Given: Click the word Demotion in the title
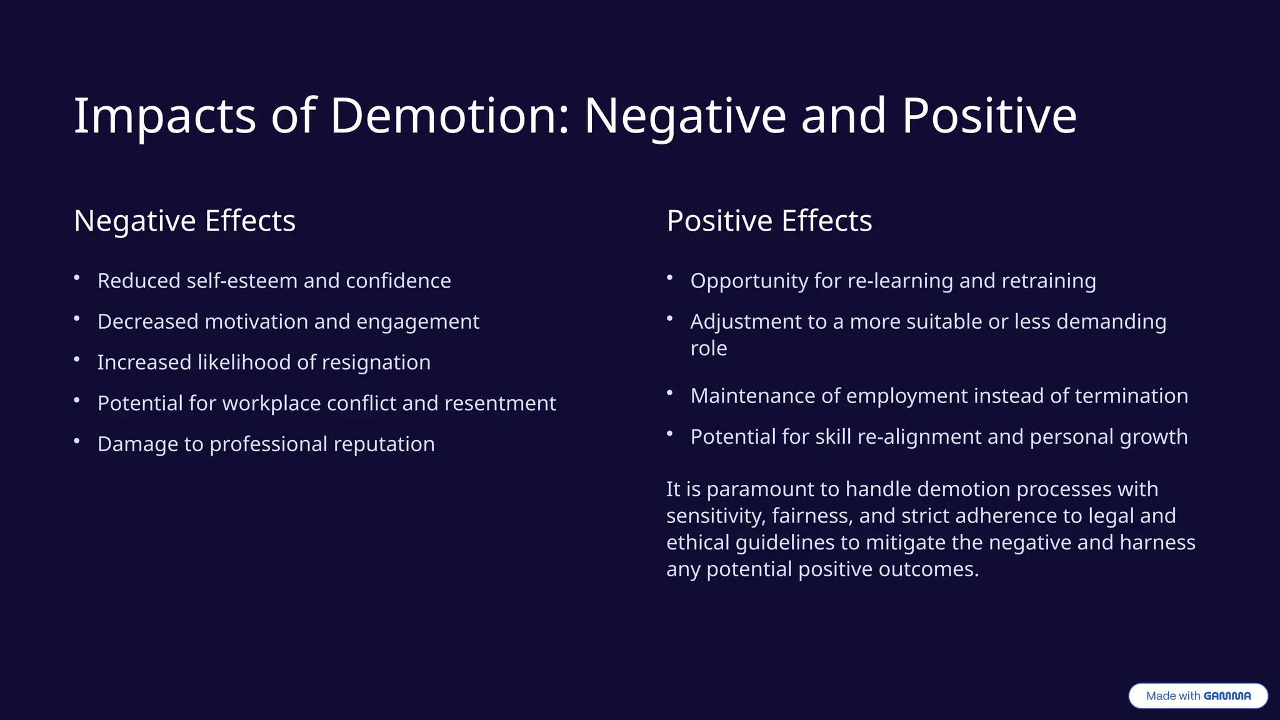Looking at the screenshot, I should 449,116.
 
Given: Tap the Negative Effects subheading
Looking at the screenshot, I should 184,221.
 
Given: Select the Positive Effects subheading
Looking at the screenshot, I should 769,221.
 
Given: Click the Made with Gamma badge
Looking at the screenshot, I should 1197,696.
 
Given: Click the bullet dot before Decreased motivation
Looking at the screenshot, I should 77,319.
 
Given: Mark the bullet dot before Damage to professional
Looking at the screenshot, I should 77,441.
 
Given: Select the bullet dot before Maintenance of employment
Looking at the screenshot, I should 669,393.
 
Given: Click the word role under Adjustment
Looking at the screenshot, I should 708,348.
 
